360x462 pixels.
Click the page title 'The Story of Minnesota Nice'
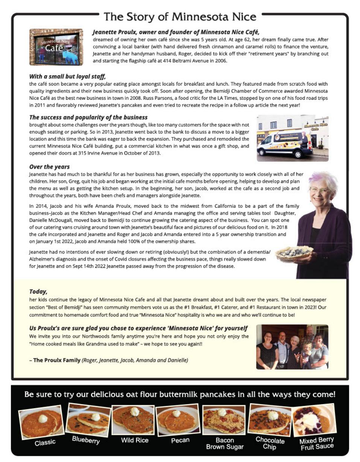coord(180,17)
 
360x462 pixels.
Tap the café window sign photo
coord(56,47)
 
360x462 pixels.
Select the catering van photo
coord(292,138)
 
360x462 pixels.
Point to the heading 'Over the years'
coord(49,166)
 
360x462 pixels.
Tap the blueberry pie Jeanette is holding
coord(294,253)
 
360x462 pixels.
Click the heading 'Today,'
coord(38,291)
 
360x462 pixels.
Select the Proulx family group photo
coord(292,346)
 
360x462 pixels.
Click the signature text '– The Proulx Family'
coord(57,360)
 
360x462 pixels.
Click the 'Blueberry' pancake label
coord(86,440)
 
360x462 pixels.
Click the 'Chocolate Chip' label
coord(269,443)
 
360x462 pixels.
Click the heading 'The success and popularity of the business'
coord(88,117)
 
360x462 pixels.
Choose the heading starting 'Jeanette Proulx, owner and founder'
coord(176,32)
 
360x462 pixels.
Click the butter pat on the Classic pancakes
coord(43,418)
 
